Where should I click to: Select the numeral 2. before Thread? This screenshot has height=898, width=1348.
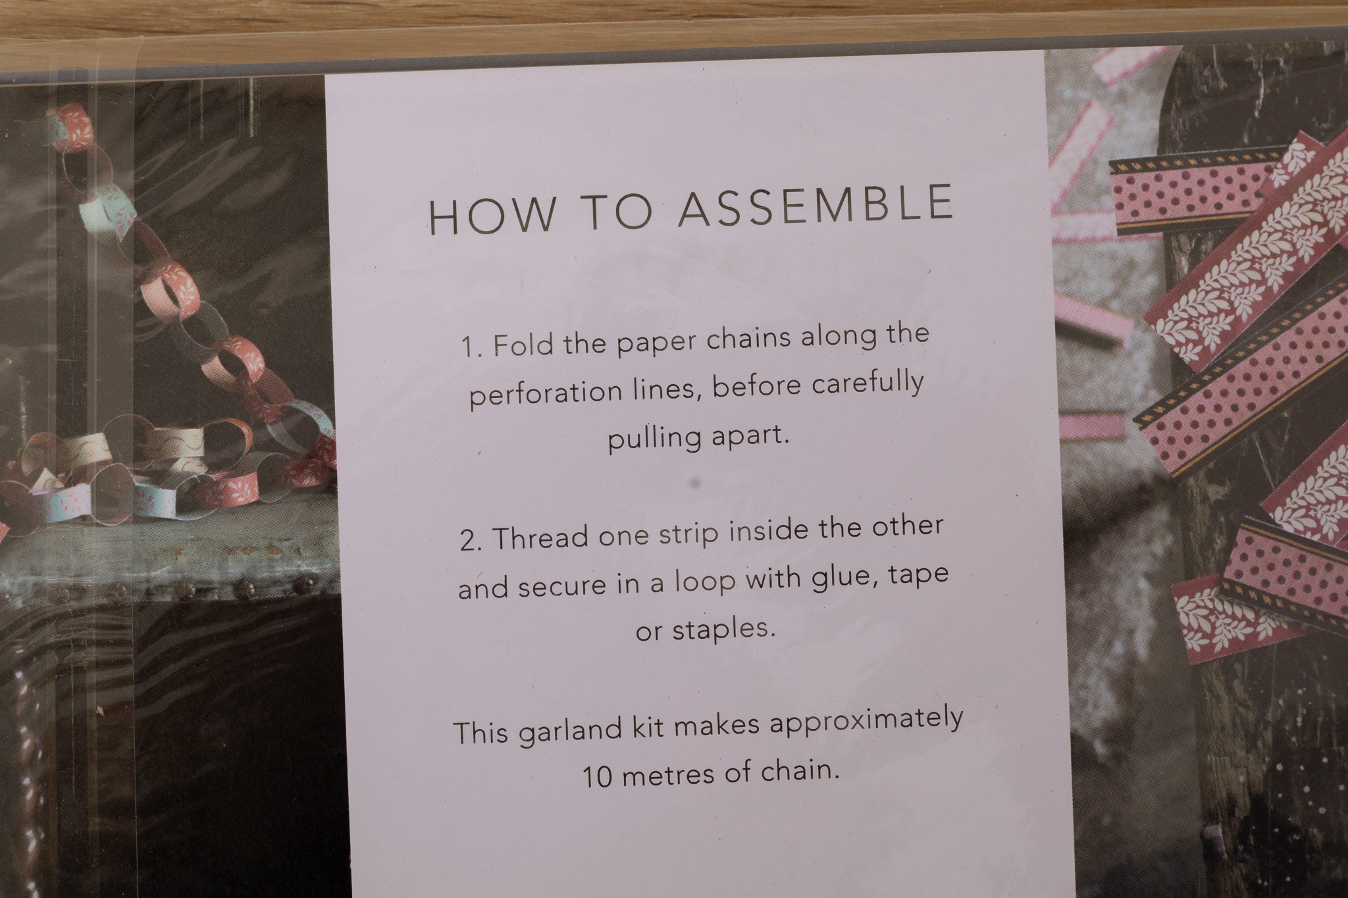[x=471, y=541]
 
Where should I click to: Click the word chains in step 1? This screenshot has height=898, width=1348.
[x=748, y=339]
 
